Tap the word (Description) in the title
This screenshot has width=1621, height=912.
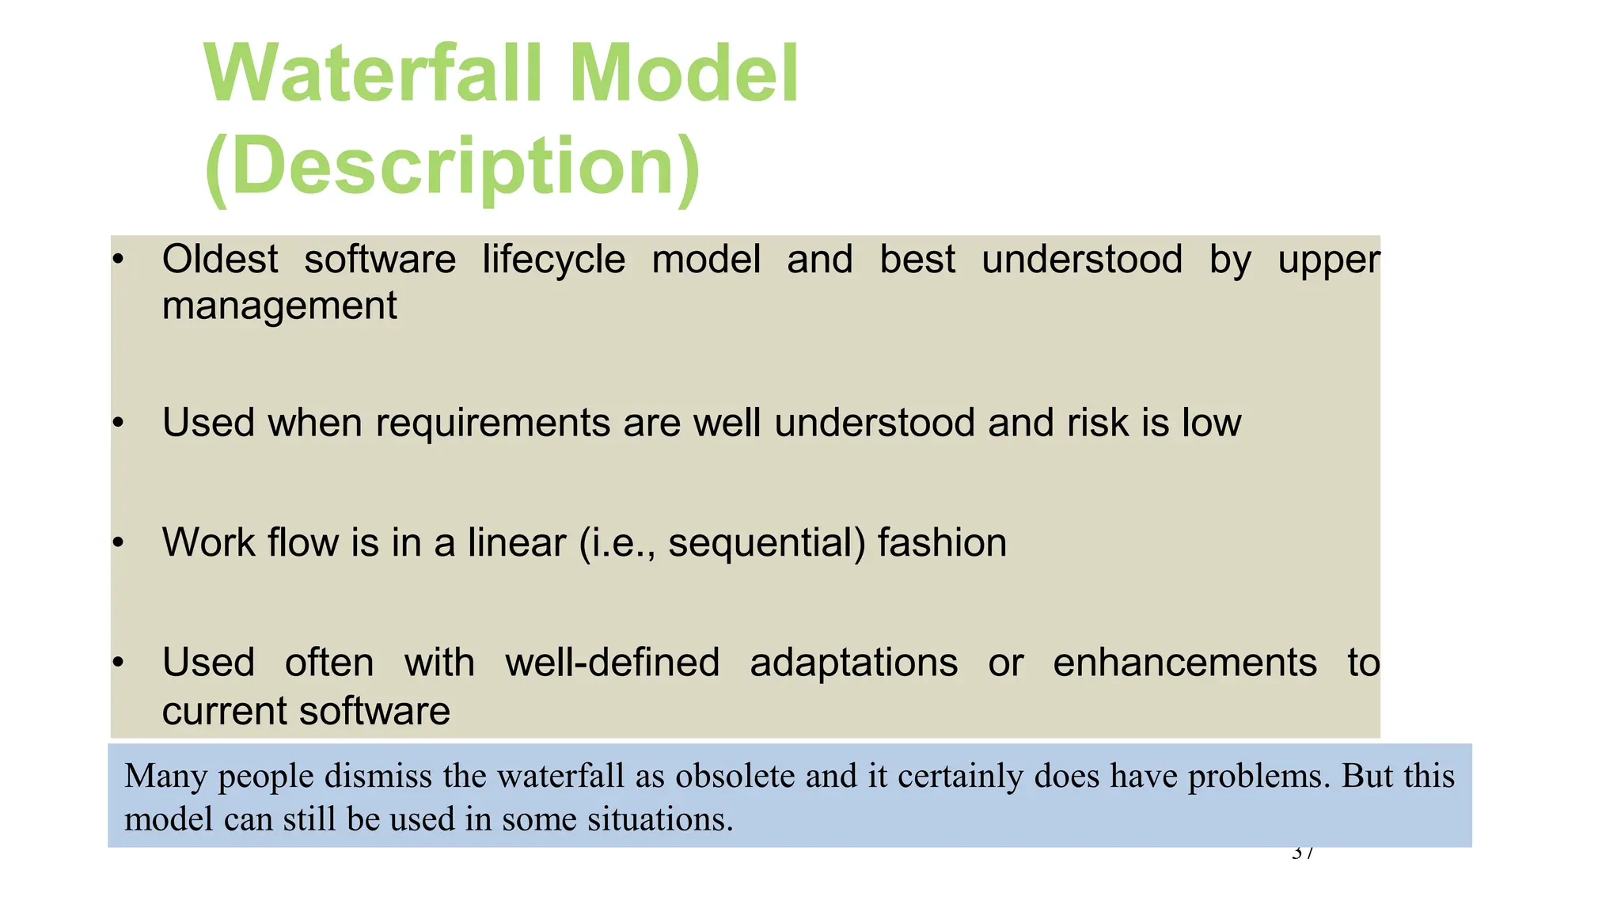(x=452, y=166)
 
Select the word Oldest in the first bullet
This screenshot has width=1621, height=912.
(x=220, y=260)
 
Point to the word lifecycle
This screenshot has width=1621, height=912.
(x=553, y=260)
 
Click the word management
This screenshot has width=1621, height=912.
(x=279, y=306)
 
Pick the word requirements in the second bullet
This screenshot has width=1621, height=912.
(x=492, y=423)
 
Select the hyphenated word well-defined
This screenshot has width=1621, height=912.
(x=612, y=663)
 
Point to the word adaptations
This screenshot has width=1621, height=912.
(x=853, y=663)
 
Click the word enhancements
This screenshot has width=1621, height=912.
(x=1184, y=663)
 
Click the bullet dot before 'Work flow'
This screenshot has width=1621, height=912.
(x=118, y=543)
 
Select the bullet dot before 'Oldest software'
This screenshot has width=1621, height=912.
(x=118, y=260)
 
